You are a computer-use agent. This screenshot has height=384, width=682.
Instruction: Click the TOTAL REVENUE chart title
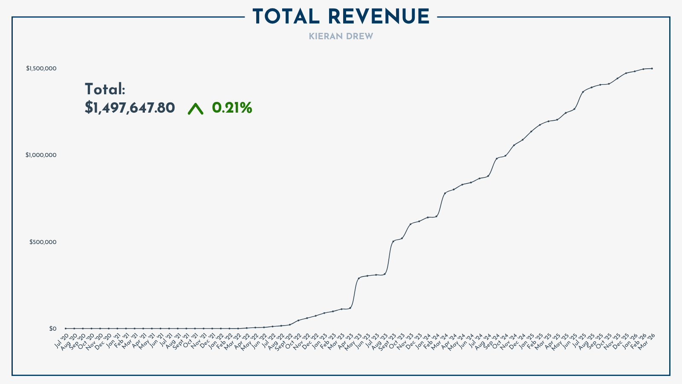pos(341,17)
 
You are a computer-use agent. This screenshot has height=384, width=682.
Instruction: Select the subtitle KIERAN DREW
pos(341,37)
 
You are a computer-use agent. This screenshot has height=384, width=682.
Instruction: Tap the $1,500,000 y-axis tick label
pos(41,68)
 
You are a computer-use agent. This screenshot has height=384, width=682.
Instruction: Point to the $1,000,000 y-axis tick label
pos(41,155)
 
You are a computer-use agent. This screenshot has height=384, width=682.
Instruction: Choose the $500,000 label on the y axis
pos(43,242)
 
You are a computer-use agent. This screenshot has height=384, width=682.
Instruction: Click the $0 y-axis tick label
pos(52,329)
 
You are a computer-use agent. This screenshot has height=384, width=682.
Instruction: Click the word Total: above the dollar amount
pos(105,90)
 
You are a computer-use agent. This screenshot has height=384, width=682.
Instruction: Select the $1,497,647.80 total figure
pos(130,108)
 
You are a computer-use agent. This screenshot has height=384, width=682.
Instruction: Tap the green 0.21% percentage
pos(232,108)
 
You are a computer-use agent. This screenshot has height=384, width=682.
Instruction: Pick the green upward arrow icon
pos(196,109)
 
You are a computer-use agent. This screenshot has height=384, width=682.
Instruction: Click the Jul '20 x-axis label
pos(62,341)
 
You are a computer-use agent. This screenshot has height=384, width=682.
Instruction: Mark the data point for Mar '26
pos(652,68)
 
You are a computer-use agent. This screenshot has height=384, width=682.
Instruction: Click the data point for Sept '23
pos(393,241)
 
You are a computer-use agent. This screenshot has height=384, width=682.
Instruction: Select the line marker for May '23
pos(358,278)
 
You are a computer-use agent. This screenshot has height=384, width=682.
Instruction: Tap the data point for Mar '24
pos(445,193)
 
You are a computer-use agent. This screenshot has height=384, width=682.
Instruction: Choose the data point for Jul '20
pos(66,329)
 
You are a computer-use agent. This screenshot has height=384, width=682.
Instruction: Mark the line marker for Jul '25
pos(583,92)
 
